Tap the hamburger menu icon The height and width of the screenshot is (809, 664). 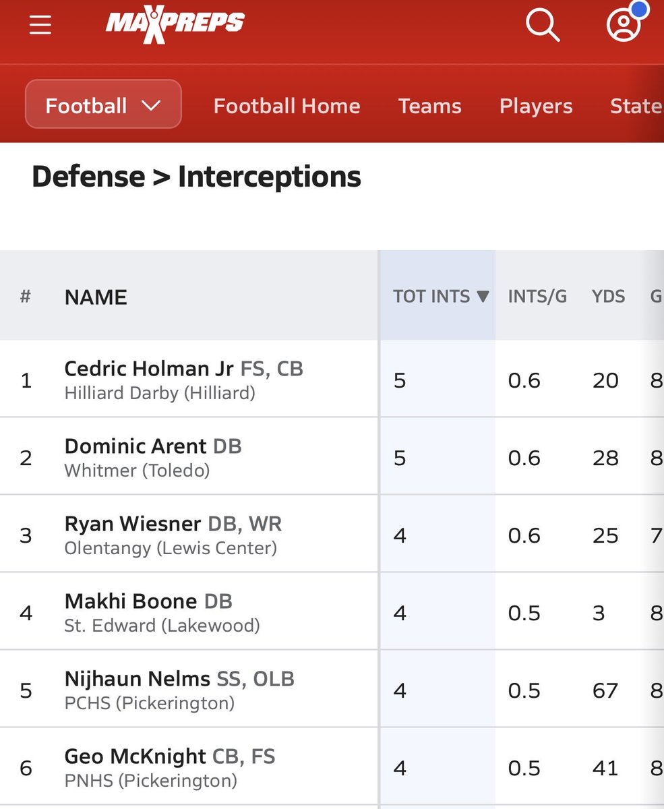(x=40, y=25)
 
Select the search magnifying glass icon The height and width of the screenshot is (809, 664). (x=542, y=26)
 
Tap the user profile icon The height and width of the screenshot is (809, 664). (x=624, y=26)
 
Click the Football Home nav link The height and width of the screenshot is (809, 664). (x=286, y=106)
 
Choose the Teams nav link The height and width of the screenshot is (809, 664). (x=429, y=106)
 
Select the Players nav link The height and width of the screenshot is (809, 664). (x=536, y=106)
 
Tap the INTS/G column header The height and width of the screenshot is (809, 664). (x=537, y=296)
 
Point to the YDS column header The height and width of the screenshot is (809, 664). (x=608, y=296)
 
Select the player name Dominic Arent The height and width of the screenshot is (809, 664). (x=135, y=446)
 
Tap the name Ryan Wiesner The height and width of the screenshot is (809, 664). (x=133, y=524)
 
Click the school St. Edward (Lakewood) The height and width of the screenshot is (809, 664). (x=162, y=626)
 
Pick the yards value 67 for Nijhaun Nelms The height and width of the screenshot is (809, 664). (x=605, y=690)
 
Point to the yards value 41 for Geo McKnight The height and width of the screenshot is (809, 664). (x=605, y=768)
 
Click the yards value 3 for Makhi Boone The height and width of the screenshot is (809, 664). (x=599, y=613)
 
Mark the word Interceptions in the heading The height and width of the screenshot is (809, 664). (x=269, y=177)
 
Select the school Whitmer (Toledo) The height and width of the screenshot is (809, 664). (x=137, y=470)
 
